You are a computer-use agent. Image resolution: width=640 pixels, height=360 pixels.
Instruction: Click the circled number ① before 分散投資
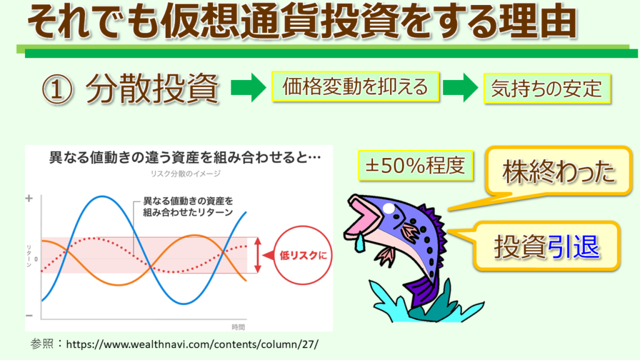(57, 89)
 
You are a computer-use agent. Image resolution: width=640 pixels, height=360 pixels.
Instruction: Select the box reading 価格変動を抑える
(355, 86)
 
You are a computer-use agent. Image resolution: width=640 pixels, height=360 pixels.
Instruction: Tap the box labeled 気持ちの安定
(547, 88)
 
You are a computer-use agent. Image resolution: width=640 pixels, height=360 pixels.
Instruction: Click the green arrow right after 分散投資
(248, 87)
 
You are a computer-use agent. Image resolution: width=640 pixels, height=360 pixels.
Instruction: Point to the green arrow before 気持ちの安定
(461, 87)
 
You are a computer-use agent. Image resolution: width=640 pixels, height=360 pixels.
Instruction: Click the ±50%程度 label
(416, 165)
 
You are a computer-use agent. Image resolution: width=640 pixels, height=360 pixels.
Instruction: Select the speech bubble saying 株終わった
(558, 171)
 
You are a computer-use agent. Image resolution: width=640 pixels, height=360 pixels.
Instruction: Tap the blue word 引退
(573, 246)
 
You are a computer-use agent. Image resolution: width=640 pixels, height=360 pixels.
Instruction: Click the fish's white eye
(389, 209)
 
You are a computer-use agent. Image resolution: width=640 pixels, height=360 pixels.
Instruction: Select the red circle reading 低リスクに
(302, 255)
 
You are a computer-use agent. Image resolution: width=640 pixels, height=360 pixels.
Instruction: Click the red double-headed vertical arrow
(257, 255)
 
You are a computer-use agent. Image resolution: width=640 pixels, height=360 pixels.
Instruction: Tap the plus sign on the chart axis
(29, 198)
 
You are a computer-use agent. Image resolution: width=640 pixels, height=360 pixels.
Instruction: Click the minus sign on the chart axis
(29, 316)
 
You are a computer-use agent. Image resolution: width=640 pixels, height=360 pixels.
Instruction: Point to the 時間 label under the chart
(238, 327)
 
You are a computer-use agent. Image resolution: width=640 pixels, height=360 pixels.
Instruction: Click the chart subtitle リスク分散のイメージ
(186, 174)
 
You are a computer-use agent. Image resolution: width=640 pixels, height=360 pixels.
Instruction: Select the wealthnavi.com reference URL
(192, 344)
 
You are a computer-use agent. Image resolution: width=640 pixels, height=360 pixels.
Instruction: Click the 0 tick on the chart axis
(36, 259)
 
